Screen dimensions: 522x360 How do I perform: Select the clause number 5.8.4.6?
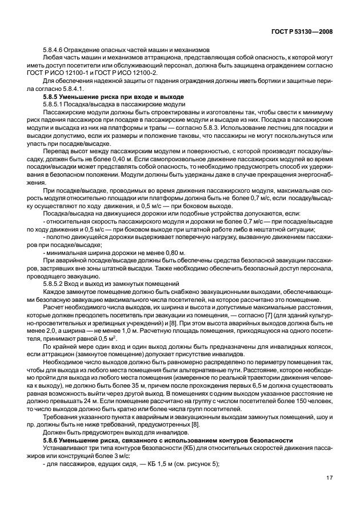[x=54, y=50]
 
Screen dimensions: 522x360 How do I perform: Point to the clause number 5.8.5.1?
[x=54, y=105]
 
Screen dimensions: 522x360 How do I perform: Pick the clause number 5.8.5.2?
[x=54, y=284]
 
